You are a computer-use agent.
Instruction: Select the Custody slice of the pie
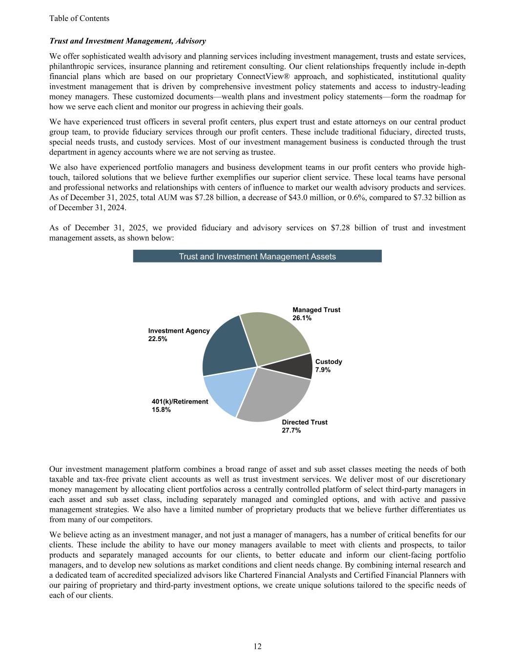tap(301, 367)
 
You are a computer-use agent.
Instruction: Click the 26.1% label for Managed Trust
tap(302, 318)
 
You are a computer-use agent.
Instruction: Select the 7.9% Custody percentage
tap(323, 370)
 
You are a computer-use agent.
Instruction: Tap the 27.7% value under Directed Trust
tap(291, 430)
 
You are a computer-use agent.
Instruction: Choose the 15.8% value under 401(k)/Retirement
tap(162, 410)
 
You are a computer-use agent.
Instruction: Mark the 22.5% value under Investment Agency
tap(158, 339)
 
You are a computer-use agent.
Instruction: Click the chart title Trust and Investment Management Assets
tap(257, 256)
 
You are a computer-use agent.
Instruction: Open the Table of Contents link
tap(79, 19)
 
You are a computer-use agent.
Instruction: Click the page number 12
tap(258, 646)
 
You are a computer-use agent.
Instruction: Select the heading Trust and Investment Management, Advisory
tap(127, 41)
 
